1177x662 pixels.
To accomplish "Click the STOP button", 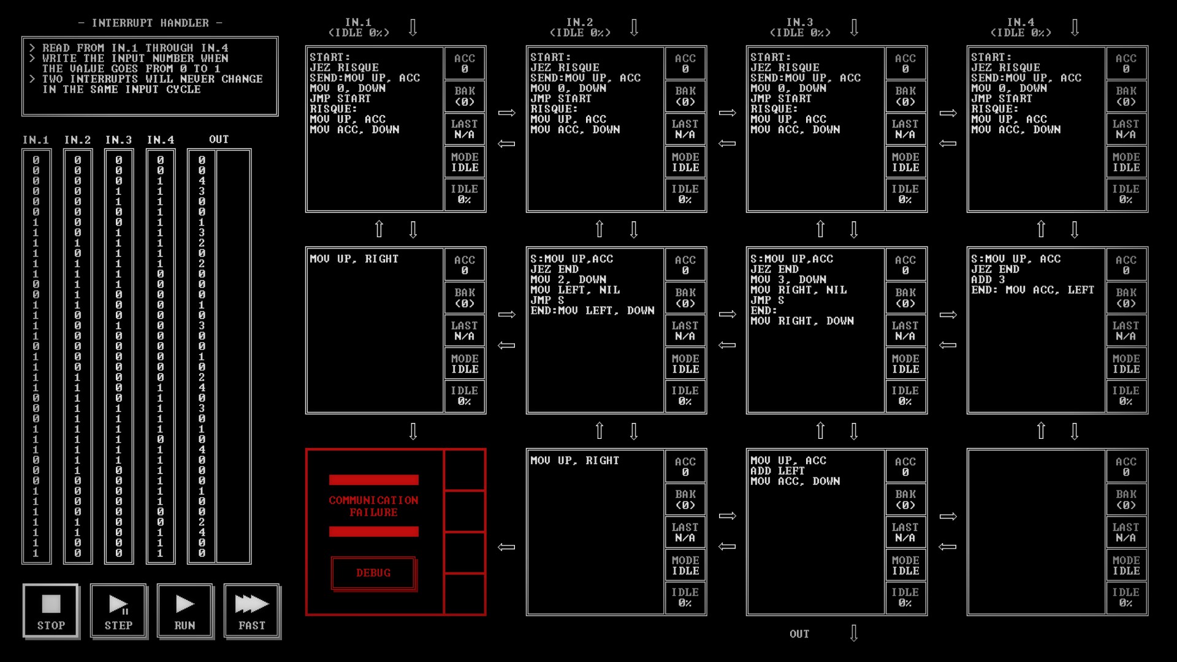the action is (51, 611).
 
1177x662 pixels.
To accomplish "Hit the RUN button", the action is (185, 611).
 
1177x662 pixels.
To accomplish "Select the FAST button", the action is (252, 611).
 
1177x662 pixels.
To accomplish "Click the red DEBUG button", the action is (373, 573).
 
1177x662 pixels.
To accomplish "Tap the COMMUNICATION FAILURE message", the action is (373, 506).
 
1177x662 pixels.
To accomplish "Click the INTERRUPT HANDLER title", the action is (150, 23).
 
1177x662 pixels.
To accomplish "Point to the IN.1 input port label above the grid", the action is (359, 22).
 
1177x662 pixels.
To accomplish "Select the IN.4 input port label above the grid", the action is (1021, 22).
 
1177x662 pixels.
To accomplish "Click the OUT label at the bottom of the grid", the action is (799, 634).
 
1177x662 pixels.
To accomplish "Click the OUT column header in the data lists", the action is (219, 140).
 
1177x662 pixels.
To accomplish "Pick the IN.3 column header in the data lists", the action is (118, 140).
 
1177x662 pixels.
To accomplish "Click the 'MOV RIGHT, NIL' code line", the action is (798, 290).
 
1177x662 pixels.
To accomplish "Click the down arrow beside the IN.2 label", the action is (634, 28).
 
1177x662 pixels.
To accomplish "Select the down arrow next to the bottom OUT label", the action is (854, 633).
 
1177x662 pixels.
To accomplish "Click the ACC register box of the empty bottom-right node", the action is (1126, 466).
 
